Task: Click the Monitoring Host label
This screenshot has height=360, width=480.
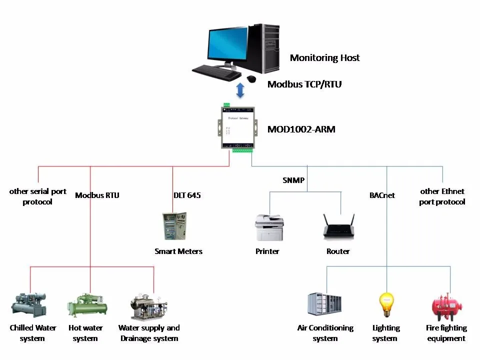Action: [324, 58]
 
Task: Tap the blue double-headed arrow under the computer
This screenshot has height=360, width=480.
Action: [240, 90]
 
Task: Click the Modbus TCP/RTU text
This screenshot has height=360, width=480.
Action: [304, 84]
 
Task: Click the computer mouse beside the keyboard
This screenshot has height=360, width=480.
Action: [251, 78]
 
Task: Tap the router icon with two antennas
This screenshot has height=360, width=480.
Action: [339, 227]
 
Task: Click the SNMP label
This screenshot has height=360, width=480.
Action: [293, 180]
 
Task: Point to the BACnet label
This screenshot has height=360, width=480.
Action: [382, 195]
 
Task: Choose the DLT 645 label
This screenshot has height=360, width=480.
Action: [187, 195]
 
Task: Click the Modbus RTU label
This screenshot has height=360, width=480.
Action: [97, 195]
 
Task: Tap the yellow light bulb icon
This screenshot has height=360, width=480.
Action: [385, 304]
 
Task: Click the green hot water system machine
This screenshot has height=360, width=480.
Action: [87, 306]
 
